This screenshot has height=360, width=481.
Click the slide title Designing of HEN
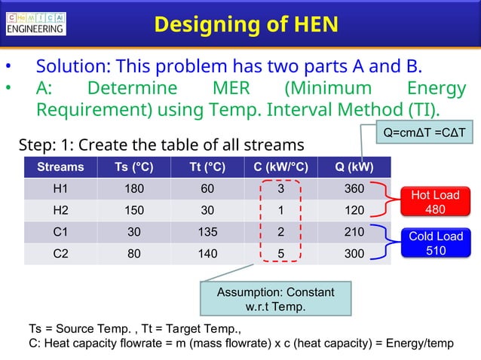click(246, 24)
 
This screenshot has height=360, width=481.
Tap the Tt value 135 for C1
click(207, 232)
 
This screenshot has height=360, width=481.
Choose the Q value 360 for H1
click(354, 189)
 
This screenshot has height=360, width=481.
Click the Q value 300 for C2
click(354, 254)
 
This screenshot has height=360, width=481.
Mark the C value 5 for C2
click(280, 254)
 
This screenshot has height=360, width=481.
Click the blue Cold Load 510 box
click(435, 243)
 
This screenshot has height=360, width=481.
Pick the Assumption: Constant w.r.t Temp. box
click(275, 299)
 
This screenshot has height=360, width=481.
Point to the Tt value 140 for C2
click(207, 254)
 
